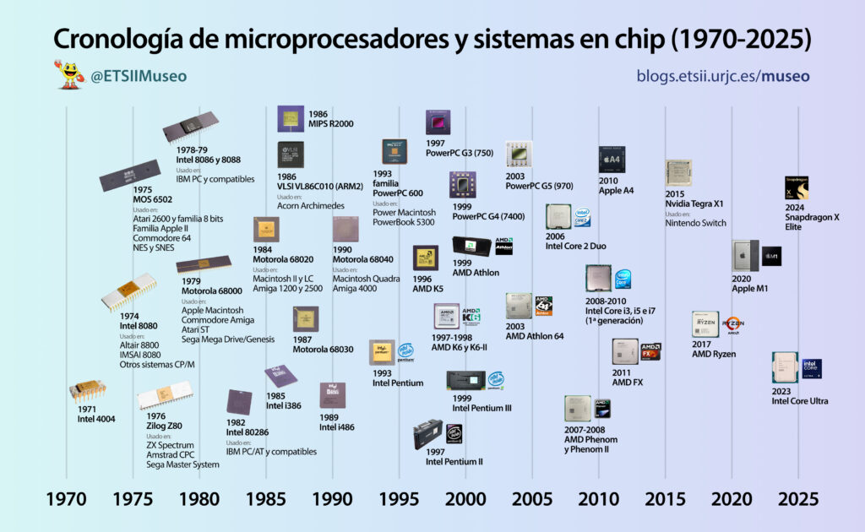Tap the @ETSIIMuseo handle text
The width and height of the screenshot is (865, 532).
point(139,76)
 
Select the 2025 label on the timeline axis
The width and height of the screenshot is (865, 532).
point(798,498)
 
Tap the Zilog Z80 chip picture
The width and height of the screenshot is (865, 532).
point(164,396)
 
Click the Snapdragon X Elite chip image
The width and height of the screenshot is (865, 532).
point(797,188)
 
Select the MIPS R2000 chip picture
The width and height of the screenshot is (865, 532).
point(291,118)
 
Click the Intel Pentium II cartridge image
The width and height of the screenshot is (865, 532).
point(429,435)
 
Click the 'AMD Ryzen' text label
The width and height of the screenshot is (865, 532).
point(714,354)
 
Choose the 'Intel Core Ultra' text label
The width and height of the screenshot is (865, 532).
point(799,401)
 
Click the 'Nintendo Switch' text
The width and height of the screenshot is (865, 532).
point(695,224)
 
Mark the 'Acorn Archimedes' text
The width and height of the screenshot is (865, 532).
point(310,206)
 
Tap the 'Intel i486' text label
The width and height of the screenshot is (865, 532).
point(336,427)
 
